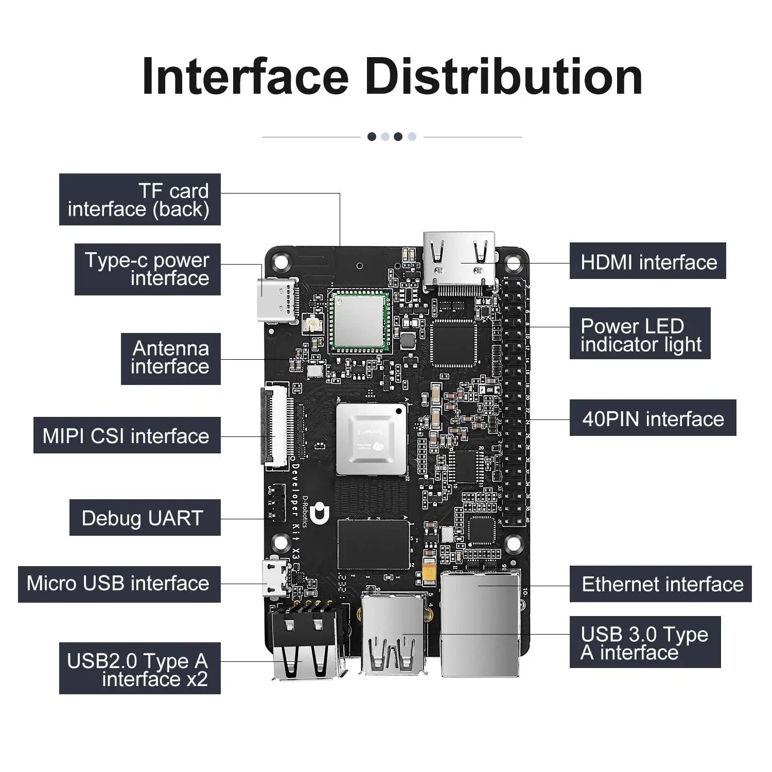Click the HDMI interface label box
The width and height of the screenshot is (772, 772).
(647, 261)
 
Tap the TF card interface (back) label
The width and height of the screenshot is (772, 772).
(139, 199)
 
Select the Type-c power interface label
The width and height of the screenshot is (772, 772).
(148, 269)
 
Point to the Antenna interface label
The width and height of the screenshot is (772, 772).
(171, 358)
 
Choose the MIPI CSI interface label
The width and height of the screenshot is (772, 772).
(127, 435)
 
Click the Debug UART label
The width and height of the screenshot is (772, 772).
(145, 518)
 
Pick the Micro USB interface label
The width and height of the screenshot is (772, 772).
(119, 584)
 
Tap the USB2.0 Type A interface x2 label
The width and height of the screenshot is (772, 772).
(139, 669)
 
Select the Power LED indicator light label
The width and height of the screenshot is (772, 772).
(640, 334)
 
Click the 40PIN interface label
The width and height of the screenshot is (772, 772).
(653, 418)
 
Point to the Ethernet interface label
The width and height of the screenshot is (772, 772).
(660, 584)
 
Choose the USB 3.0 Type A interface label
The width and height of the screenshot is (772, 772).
(645, 642)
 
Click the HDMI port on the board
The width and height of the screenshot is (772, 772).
(460, 262)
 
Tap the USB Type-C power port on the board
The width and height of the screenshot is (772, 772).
(278, 301)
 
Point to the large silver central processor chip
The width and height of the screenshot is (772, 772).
(371, 439)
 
